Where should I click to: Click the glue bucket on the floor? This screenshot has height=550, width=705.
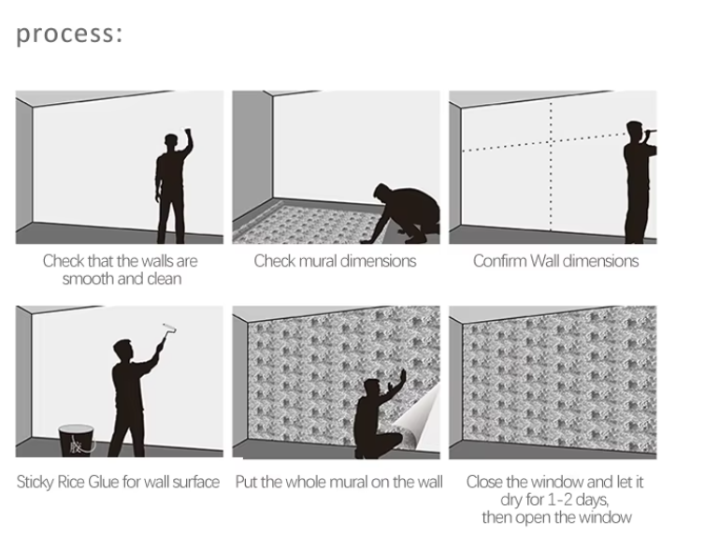(x=77, y=441)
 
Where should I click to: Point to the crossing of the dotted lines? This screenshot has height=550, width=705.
(x=551, y=141)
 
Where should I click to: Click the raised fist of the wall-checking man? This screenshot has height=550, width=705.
(x=188, y=133)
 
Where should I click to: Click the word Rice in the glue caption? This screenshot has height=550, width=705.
(x=71, y=482)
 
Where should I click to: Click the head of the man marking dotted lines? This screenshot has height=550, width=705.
(x=635, y=130)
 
